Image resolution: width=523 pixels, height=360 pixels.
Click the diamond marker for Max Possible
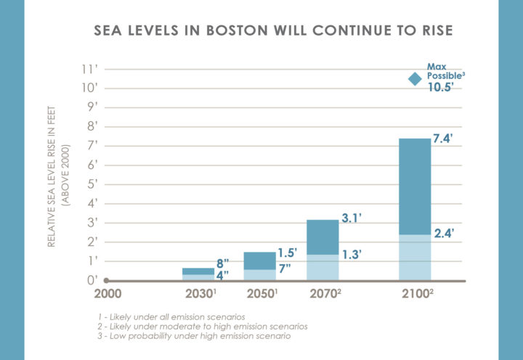414,79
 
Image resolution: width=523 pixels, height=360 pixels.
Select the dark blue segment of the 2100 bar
415,186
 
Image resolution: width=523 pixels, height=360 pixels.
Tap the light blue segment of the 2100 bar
415,257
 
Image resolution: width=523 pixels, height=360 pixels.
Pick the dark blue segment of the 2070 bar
323,237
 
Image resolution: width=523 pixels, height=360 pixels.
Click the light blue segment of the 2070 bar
323,266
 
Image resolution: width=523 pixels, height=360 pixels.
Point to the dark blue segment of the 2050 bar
259,261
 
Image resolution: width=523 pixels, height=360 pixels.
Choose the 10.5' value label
441,87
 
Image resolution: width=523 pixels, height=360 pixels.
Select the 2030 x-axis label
200,295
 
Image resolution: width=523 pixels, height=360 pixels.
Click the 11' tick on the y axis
91,69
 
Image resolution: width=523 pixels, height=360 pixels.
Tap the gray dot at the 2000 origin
106,280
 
